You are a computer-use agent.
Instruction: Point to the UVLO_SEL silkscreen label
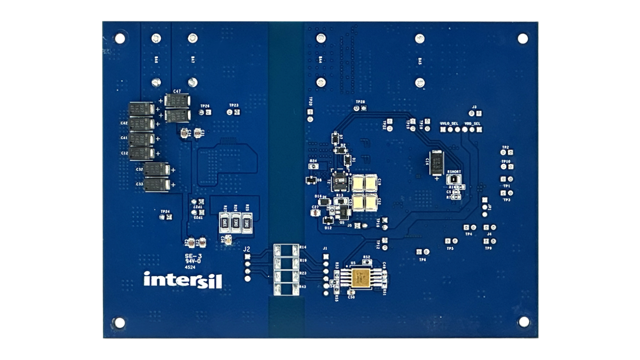448,124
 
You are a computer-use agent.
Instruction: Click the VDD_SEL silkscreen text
473,124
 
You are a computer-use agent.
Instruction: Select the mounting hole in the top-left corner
120,38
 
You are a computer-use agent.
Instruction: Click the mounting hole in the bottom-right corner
523,321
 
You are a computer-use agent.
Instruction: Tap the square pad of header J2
248,256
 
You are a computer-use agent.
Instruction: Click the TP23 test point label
233,105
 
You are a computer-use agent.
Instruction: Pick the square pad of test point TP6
419,252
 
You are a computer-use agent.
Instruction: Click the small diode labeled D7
335,138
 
